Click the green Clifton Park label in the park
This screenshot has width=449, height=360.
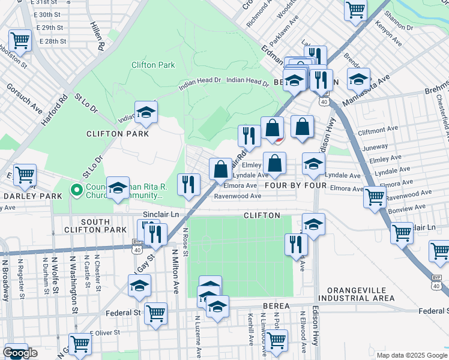[x=153, y=65]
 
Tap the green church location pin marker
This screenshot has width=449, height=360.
[x=76, y=191]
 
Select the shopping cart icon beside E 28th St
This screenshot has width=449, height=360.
[x=20, y=40]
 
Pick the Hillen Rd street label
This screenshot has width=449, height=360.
[x=96, y=35]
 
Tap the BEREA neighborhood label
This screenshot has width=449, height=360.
[x=276, y=306]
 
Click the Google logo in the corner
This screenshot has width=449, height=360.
[x=20, y=353]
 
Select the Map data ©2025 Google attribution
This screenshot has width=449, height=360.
[x=411, y=355]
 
